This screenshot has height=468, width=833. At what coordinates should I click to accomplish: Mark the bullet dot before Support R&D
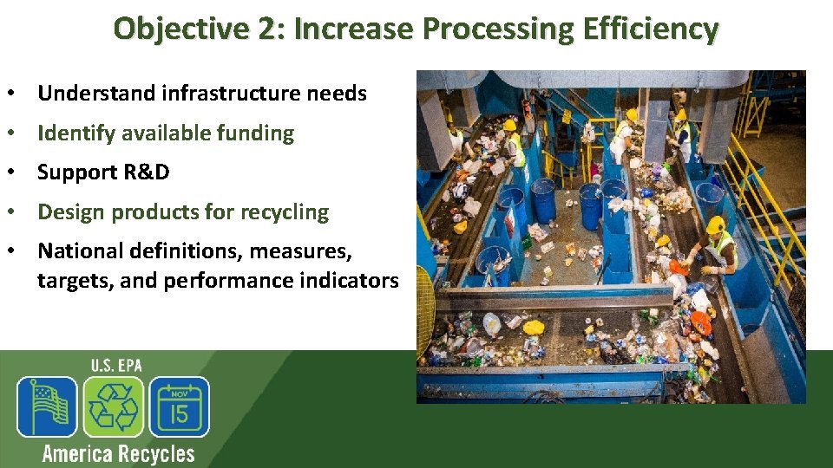[15, 172]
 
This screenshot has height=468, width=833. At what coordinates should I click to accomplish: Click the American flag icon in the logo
[47, 406]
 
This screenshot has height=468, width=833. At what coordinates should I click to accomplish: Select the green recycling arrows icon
[113, 406]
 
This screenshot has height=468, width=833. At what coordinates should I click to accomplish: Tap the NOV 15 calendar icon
[179, 406]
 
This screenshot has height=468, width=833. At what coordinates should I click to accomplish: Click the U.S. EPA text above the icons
[115, 365]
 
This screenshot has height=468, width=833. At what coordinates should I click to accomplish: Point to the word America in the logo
[78, 453]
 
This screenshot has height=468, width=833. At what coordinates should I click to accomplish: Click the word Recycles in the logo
[156, 453]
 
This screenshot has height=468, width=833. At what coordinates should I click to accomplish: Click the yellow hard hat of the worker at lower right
[716, 225]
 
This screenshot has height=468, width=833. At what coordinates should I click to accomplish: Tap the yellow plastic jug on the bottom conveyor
[535, 328]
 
